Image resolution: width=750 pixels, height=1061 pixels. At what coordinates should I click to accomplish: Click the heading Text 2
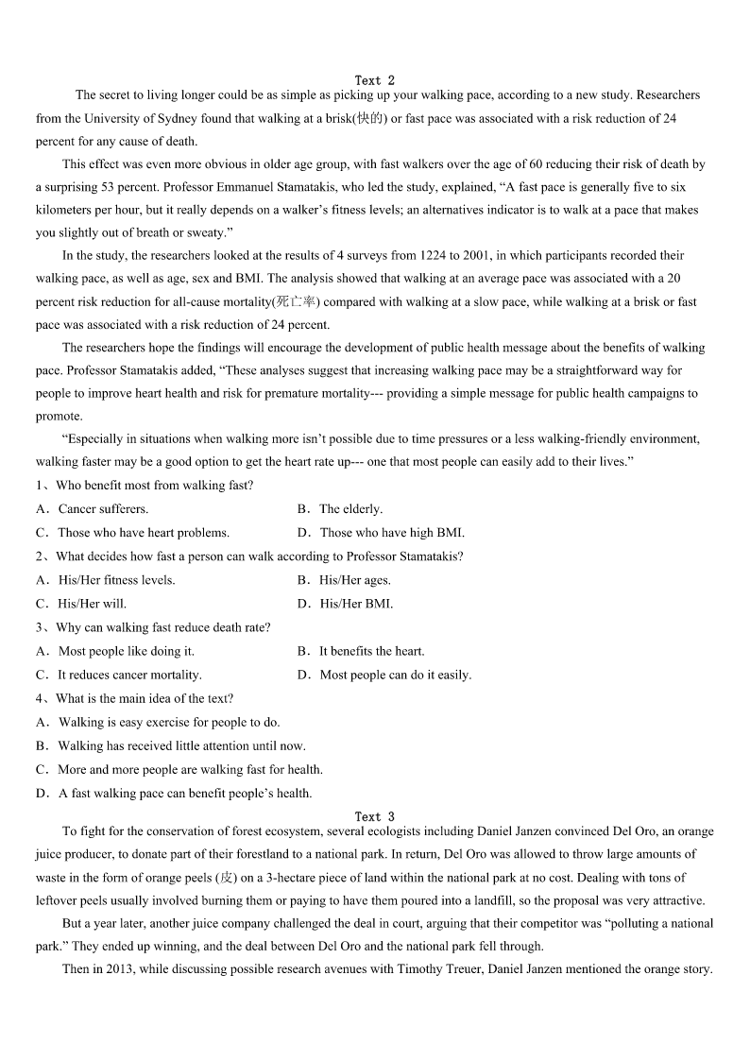pos(375,80)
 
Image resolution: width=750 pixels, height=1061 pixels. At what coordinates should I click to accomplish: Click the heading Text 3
pos(375,816)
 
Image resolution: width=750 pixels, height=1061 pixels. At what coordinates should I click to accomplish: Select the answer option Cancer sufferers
pos(103,508)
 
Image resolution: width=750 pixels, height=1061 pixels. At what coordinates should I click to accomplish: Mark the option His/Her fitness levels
pos(116,580)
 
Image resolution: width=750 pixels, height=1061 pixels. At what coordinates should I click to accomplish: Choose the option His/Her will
pos(92,604)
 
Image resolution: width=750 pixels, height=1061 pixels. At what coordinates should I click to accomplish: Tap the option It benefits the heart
pos(371,651)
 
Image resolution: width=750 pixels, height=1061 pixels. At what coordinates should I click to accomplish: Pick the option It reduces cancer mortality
pos(129,675)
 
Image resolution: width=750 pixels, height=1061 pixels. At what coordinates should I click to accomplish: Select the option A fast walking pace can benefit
pos(185,794)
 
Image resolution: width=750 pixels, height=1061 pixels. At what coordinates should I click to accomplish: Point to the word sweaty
pos(208,232)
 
